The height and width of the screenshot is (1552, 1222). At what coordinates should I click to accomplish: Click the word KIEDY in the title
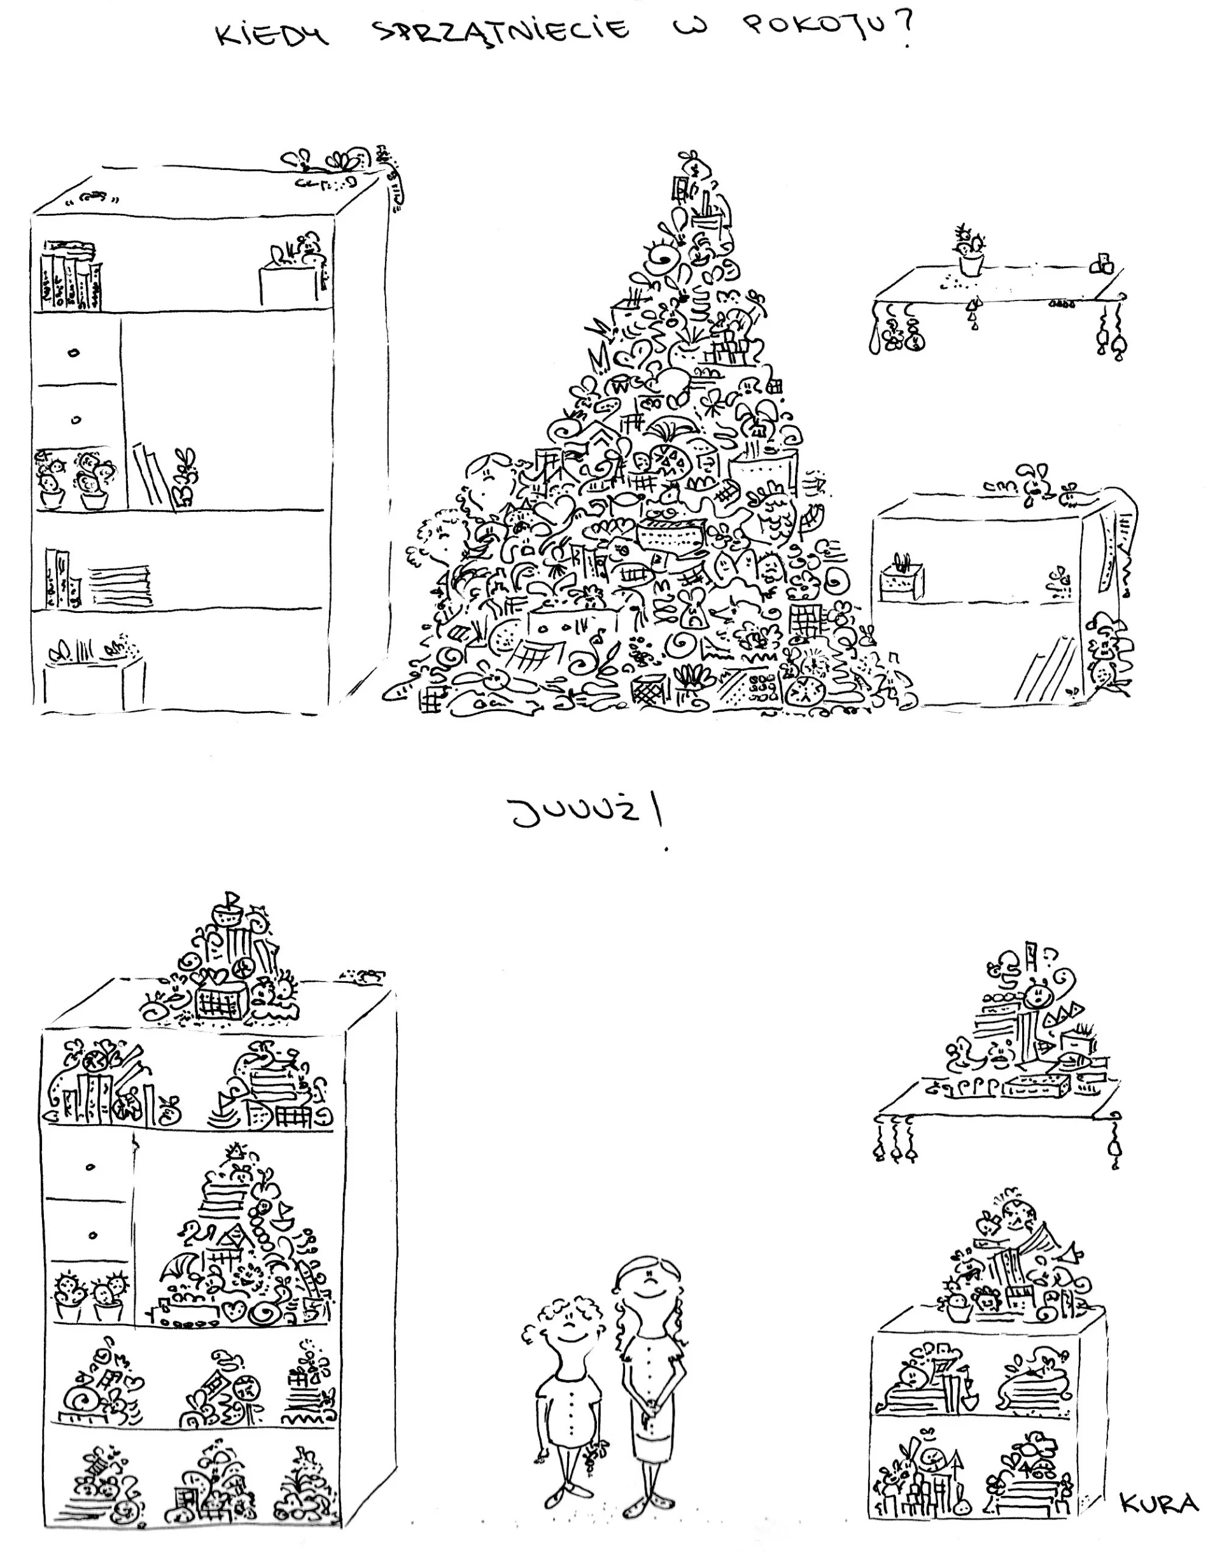[x=273, y=33]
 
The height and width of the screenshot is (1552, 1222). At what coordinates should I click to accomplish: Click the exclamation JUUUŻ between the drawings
[x=587, y=814]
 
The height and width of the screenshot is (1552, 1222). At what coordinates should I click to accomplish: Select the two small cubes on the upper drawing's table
[x=1102, y=264]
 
